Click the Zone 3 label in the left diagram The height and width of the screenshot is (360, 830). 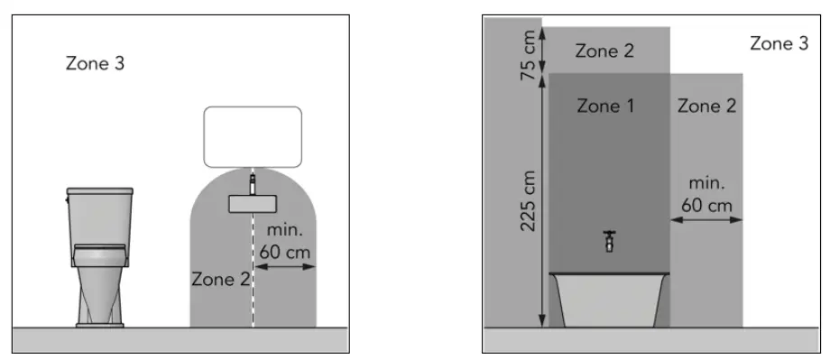[96, 64]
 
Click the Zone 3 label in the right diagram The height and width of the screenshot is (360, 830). [779, 43]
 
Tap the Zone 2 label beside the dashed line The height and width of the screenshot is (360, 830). [220, 279]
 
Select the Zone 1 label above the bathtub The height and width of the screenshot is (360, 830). [606, 106]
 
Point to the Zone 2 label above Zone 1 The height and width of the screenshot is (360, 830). [604, 51]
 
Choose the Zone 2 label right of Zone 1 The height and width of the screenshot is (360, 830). [706, 106]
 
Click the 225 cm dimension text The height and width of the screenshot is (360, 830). [530, 200]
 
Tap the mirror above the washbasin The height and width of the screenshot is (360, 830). [252, 136]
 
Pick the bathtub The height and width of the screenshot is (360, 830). [610, 299]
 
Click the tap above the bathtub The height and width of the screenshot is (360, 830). [610, 241]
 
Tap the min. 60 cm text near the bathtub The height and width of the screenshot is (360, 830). [706, 194]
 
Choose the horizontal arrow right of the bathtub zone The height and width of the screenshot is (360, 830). [706, 218]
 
